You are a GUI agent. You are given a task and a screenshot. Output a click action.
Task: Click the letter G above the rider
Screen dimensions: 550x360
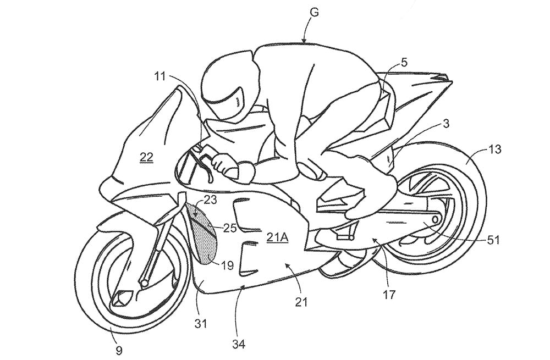point(315,13)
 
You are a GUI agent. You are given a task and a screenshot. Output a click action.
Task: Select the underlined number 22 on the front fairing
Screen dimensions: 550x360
point(146,157)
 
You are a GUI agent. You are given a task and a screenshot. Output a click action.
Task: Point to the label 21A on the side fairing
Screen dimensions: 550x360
point(277,238)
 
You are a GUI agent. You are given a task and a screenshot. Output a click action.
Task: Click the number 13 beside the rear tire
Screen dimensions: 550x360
point(494,149)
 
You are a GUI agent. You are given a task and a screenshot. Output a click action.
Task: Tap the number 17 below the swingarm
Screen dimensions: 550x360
point(389,295)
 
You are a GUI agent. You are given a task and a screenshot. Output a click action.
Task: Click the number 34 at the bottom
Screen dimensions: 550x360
point(238,344)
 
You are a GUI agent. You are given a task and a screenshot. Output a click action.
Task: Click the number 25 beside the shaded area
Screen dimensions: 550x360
point(229,228)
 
